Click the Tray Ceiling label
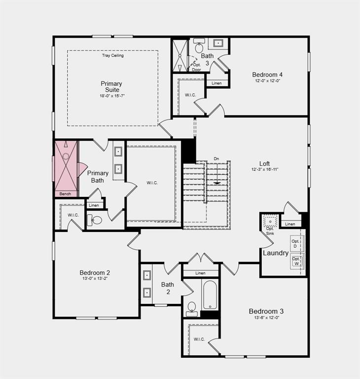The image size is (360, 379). (x=112, y=55)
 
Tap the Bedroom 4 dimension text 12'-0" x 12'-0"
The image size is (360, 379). (x=267, y=81)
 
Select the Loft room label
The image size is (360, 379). (x=264, y=164)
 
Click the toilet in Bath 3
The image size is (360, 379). (x=199, y=46)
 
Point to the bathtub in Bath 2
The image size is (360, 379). (x=210, y=295)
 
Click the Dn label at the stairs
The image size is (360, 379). (x=216, y=159)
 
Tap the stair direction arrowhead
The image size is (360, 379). (x=217, y=183)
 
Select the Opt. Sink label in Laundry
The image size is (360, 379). (x=270, y=231)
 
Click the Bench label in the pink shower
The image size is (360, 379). (x=65, y=194)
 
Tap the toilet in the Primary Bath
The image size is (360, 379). (x=95, y=220)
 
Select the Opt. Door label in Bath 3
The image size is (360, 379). (x=197, y=67)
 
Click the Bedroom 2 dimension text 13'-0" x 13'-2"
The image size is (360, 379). (x=95, y=278)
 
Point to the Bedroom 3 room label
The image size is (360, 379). (x=266, y=311)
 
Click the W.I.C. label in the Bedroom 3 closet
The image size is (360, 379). (x=199, y=340)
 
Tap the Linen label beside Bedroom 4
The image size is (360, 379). (x=216, y=83)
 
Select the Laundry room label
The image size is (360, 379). (x=276, y=253)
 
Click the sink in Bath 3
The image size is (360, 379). (x=218, y=43)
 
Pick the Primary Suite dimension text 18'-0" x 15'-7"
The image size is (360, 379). (x=112, y=96)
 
